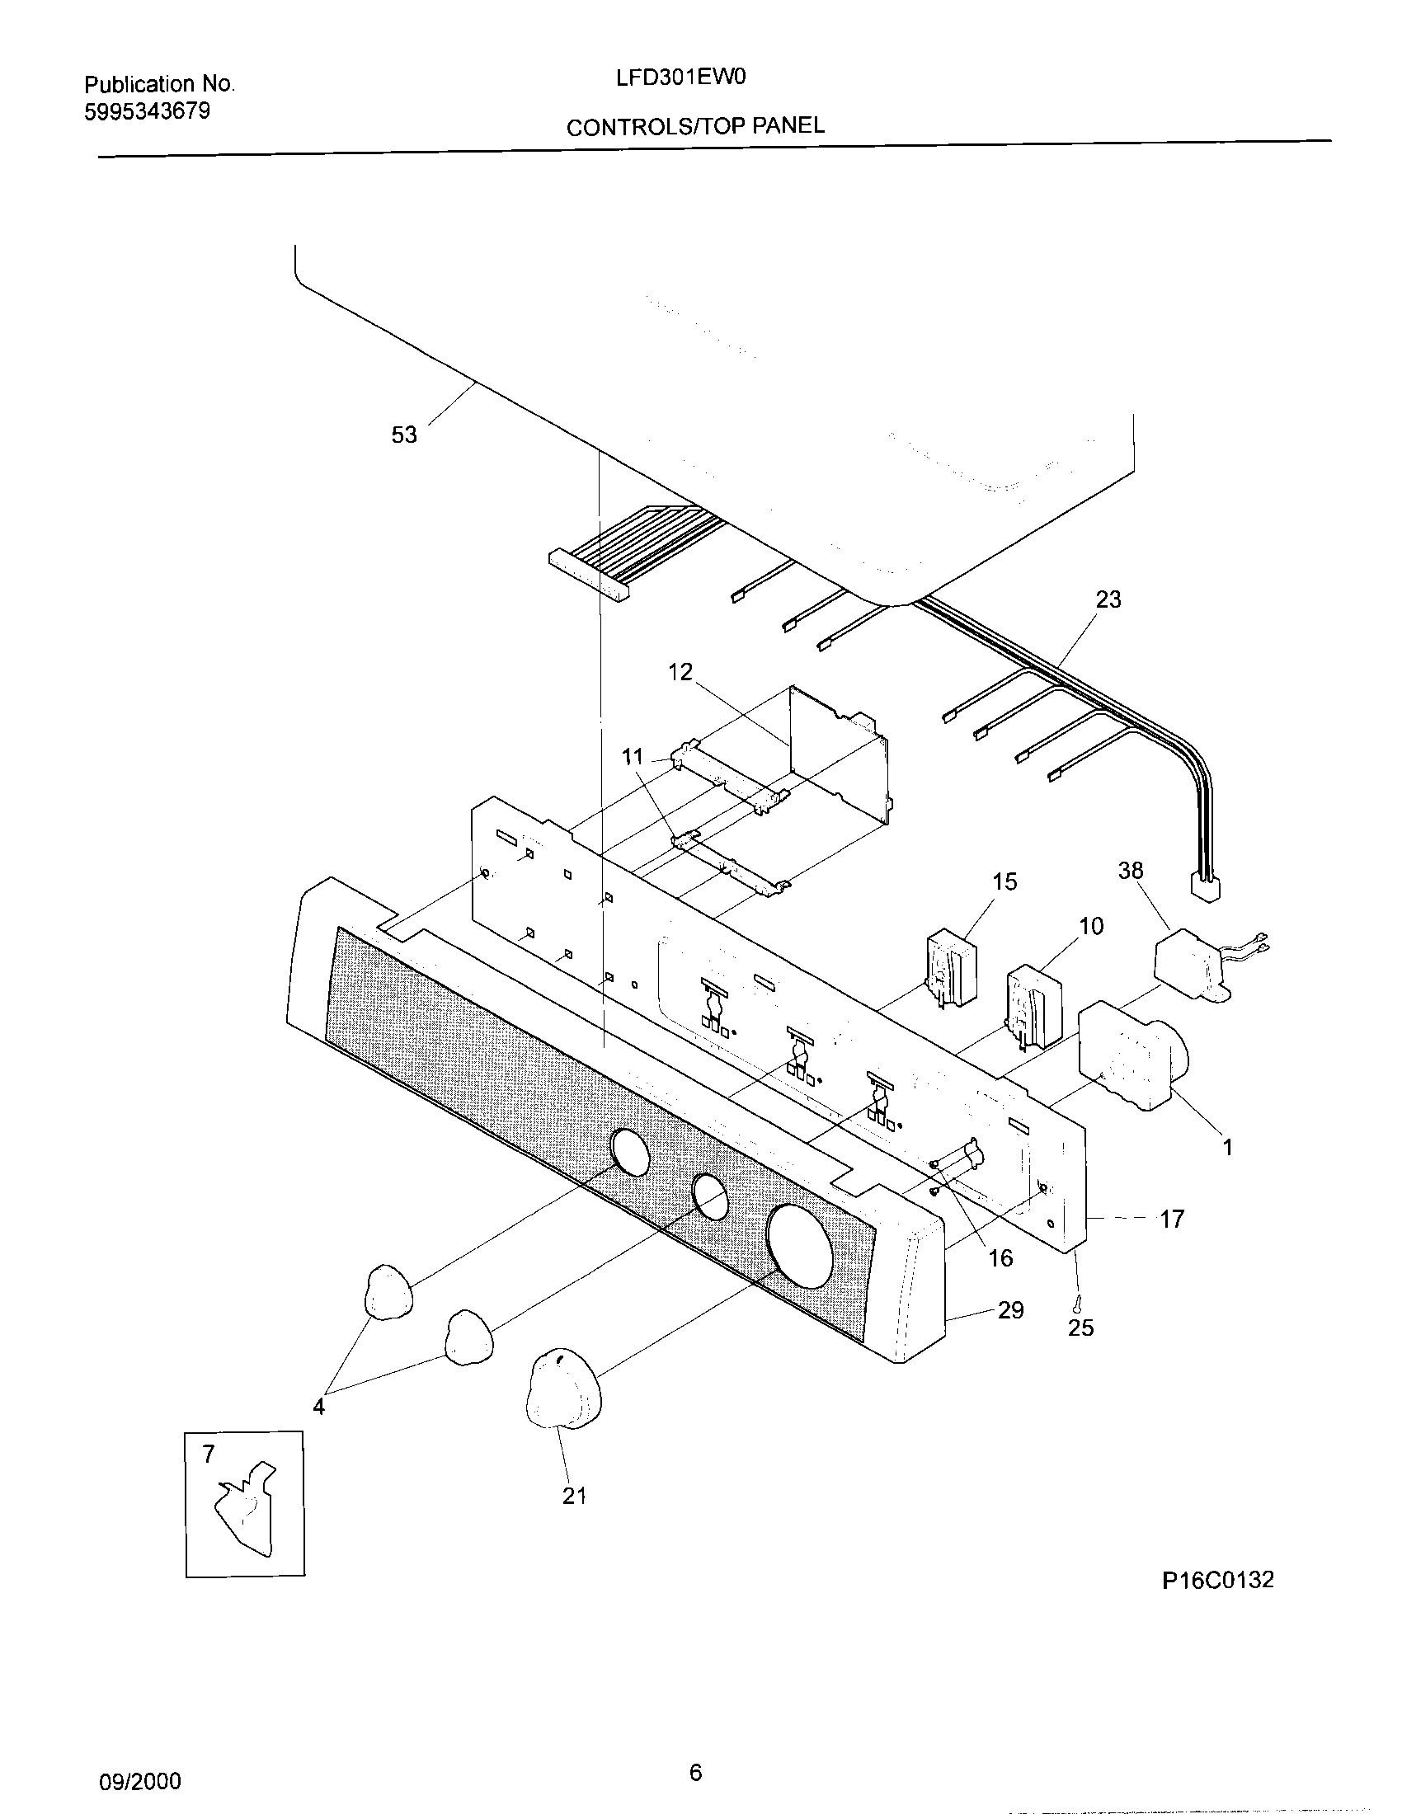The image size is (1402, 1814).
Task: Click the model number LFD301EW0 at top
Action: tap(680, 78)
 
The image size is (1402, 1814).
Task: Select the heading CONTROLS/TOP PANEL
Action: tap(694, 126)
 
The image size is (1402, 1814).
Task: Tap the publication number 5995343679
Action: tap(147, 112)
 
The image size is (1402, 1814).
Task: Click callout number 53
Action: tap(403, 435)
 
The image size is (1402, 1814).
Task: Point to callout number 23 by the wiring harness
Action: tap(1108, 599)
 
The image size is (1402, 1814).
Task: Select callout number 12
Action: tap(680, 672)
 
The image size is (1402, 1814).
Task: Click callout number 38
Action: tap(1131, 871)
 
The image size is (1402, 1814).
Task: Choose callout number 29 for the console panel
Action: tap(1010, 1310)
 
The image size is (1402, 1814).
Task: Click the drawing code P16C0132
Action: tap(1216, 1580)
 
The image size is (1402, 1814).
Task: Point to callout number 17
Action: tap(1171, 1220)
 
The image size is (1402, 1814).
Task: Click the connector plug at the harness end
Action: tap(1205, 888)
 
